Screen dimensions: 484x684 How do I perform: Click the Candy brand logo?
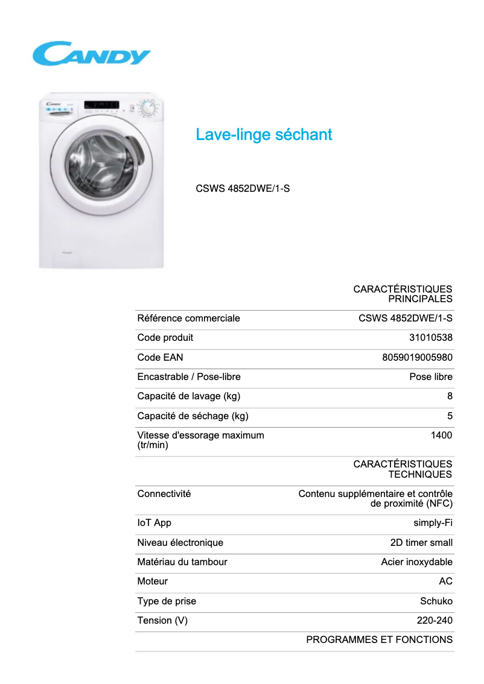click(x=91, y=54)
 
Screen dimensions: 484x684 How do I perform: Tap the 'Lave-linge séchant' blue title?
click(x=264, y=135)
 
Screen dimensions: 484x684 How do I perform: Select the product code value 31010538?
click(x=430, y=338)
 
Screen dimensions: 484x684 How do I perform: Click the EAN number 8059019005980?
click(x=417, y=357)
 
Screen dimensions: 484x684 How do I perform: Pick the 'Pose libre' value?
click(x=430, y=377)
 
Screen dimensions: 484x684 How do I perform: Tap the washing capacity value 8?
click(x=450, y=396)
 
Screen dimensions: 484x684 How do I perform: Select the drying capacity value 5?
click(x=450, y=416)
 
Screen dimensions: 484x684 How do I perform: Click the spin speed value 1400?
click(x=441, y=435)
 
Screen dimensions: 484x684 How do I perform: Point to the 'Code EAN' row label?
click(x=160, y=357)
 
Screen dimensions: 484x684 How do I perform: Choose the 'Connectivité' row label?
click(x=164, y=493)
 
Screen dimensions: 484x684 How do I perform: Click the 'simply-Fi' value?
click(x=433, y=523)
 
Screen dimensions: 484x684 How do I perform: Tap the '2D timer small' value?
click(x=421, y=543)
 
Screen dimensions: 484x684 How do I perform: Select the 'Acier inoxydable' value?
click(x=416, y=562)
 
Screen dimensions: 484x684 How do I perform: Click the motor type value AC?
click(x=445, y=581)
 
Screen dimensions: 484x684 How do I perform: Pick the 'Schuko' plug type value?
click(x=436, y=601)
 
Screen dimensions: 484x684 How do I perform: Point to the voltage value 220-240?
click(x=435, y=621)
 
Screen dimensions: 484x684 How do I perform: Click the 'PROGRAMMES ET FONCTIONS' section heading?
click(x=379, y=640)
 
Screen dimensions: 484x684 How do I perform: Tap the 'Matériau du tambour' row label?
click(x=182, y=562)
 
